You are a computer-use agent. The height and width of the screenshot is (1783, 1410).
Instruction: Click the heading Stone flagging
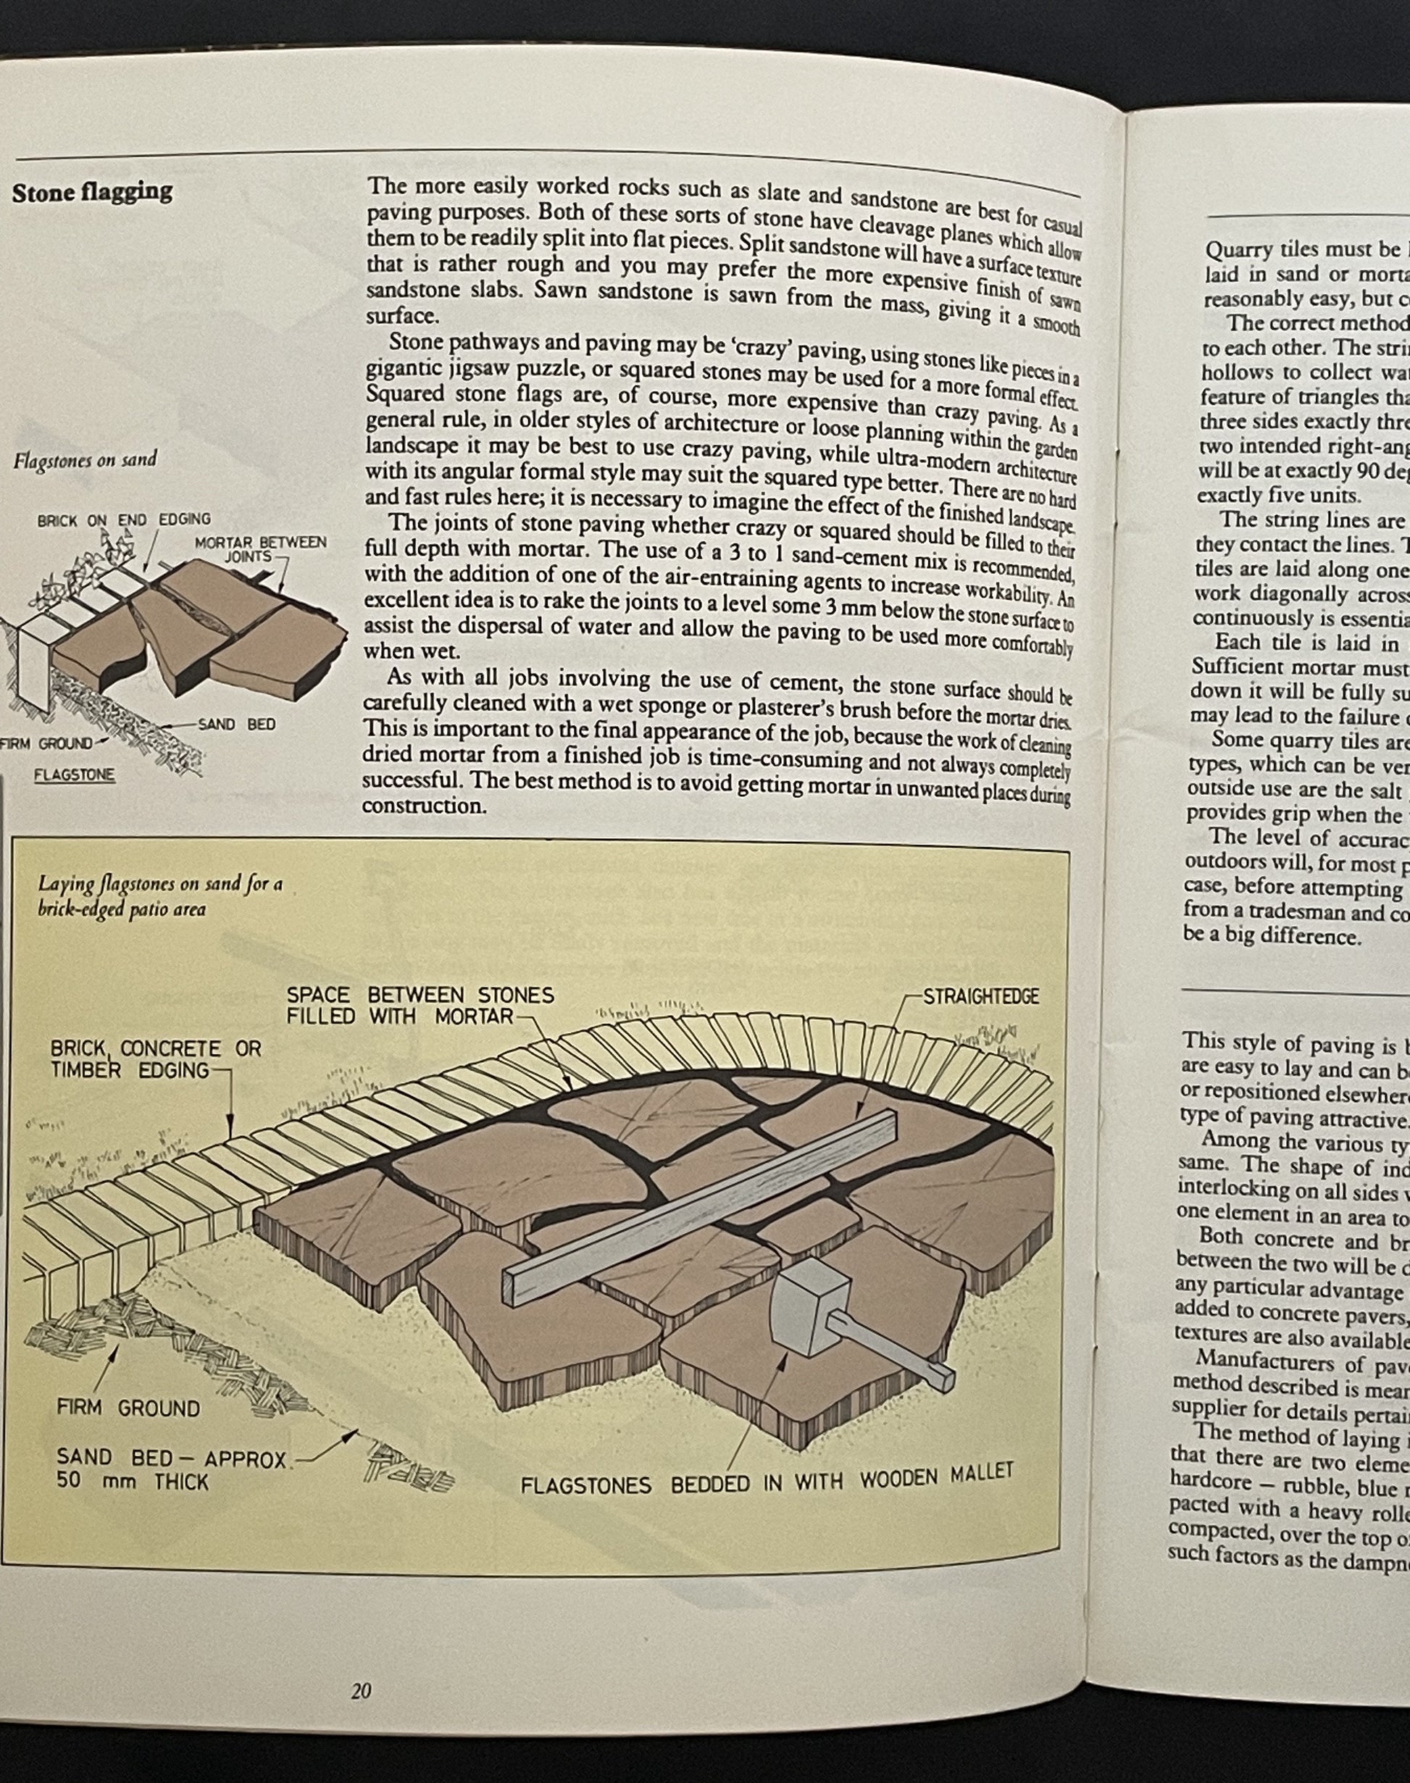(x=91, y=192)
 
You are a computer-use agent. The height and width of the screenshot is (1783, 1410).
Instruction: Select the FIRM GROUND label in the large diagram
(x=128, y=1408)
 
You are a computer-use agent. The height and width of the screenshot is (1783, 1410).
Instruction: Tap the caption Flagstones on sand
(x=84, y=460)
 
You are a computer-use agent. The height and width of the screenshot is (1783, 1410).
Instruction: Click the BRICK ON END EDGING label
(x=124, y=519)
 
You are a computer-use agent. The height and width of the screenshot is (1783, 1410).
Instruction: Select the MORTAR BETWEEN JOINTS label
(x=260, y=549)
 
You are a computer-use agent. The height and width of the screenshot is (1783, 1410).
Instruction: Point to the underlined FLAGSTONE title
(x=75, y=775)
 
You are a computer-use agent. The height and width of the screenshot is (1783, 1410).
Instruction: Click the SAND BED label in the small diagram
(x=237, y=724)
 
